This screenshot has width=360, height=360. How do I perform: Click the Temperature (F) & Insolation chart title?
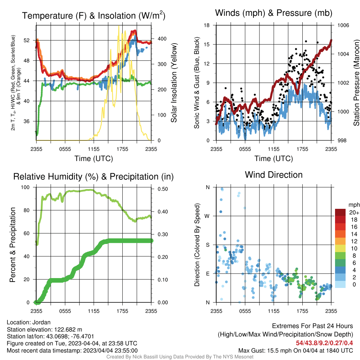94,15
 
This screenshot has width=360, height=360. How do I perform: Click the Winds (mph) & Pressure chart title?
274,13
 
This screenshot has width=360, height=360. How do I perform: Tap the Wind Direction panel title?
274,175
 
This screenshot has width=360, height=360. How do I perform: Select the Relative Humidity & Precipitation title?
94,176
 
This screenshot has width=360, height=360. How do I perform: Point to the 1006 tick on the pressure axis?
343,25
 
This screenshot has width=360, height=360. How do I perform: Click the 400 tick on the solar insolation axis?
162,39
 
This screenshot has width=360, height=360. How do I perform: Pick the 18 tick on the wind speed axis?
207,25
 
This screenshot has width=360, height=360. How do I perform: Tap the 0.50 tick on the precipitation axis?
163,189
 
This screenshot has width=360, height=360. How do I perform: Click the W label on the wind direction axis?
207,216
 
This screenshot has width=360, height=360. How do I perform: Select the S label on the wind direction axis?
207,245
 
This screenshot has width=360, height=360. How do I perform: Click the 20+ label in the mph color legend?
354,213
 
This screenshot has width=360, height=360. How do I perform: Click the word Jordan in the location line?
41,322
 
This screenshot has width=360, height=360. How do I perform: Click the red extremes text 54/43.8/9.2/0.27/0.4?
324,343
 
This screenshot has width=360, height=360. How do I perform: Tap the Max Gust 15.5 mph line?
295,351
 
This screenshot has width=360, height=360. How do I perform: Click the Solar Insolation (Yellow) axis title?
174,83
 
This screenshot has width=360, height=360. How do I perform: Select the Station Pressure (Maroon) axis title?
356,83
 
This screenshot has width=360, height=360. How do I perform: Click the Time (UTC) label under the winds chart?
274,159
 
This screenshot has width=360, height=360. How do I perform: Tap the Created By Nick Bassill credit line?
180,357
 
